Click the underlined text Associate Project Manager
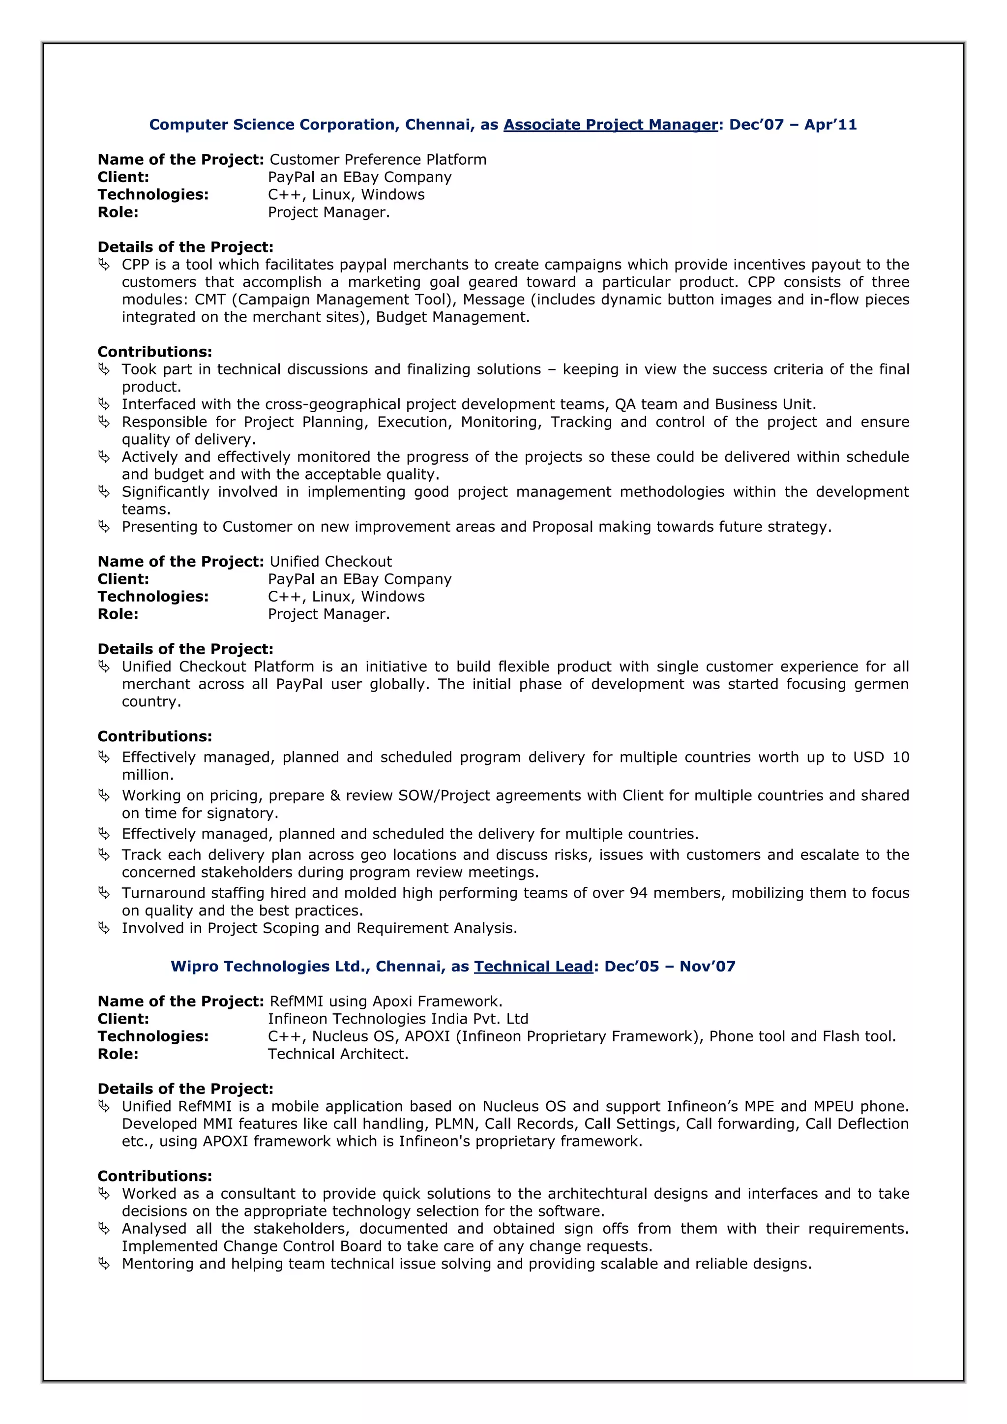tap(610, 124)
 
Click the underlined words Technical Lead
tap(533, 966)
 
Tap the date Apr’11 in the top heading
tap(830, 124)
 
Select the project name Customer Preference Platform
tap(378, 160)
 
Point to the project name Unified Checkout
tap(330, 562)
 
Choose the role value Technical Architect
tap(338, 1054)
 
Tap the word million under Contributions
tap(148, 775)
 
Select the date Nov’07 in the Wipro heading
tap(707, 966)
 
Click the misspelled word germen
tap(881, 684)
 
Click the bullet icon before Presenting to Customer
tap(104, 526)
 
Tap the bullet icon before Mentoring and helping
tap(104, 1263)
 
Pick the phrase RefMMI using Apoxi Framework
tap(385, 1001)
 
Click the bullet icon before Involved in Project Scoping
tap(104, 928)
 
